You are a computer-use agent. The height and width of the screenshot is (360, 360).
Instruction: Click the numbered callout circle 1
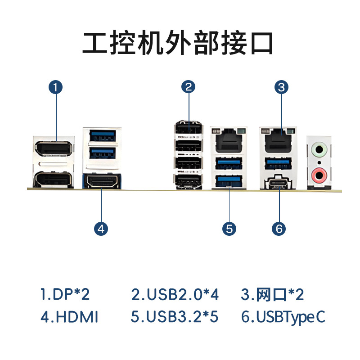pyautogui.click(x=55, y=87)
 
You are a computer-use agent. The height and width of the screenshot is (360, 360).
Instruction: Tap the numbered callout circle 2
pyautogui.click(x=188, y=87)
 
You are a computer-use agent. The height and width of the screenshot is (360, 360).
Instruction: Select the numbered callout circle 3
pyautogui.click(x=282, y=87)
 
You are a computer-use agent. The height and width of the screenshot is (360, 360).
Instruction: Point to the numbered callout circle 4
pyautogui.click(x=101, y=229)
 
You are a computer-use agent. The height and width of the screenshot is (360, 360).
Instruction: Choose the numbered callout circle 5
pyautogui.click(x=229, y=229)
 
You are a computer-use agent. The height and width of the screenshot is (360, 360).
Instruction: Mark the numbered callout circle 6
pyautogui.click(x=279, y=229)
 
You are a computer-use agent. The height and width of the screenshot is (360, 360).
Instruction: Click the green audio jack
pyautogui.click(x=319, y=150)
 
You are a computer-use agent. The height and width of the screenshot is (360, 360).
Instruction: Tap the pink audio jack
pyautogui.click(x=319, y=175)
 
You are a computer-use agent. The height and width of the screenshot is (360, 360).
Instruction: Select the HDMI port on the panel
pyautogui.click(x=102, y=181)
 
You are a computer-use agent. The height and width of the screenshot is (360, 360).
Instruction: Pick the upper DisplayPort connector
pyautogui.click(x=53, y=148)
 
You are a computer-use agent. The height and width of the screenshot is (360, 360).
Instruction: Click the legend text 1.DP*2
pyautogui.click(x=65, y=294)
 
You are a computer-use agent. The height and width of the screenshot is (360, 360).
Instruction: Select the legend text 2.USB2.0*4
pyautogui.click(x=175, y=294)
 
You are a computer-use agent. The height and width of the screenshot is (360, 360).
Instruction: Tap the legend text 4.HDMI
pyautogui.click(x=69, y=317)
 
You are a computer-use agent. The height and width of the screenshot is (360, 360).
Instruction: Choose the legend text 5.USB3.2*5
pyautogui.click(x=175, y=317)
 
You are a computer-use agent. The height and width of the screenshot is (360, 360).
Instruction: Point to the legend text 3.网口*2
pyautogui.click(x=272, y=294)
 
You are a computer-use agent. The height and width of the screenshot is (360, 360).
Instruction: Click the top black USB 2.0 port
pyautogui.click(x=189, y=127)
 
